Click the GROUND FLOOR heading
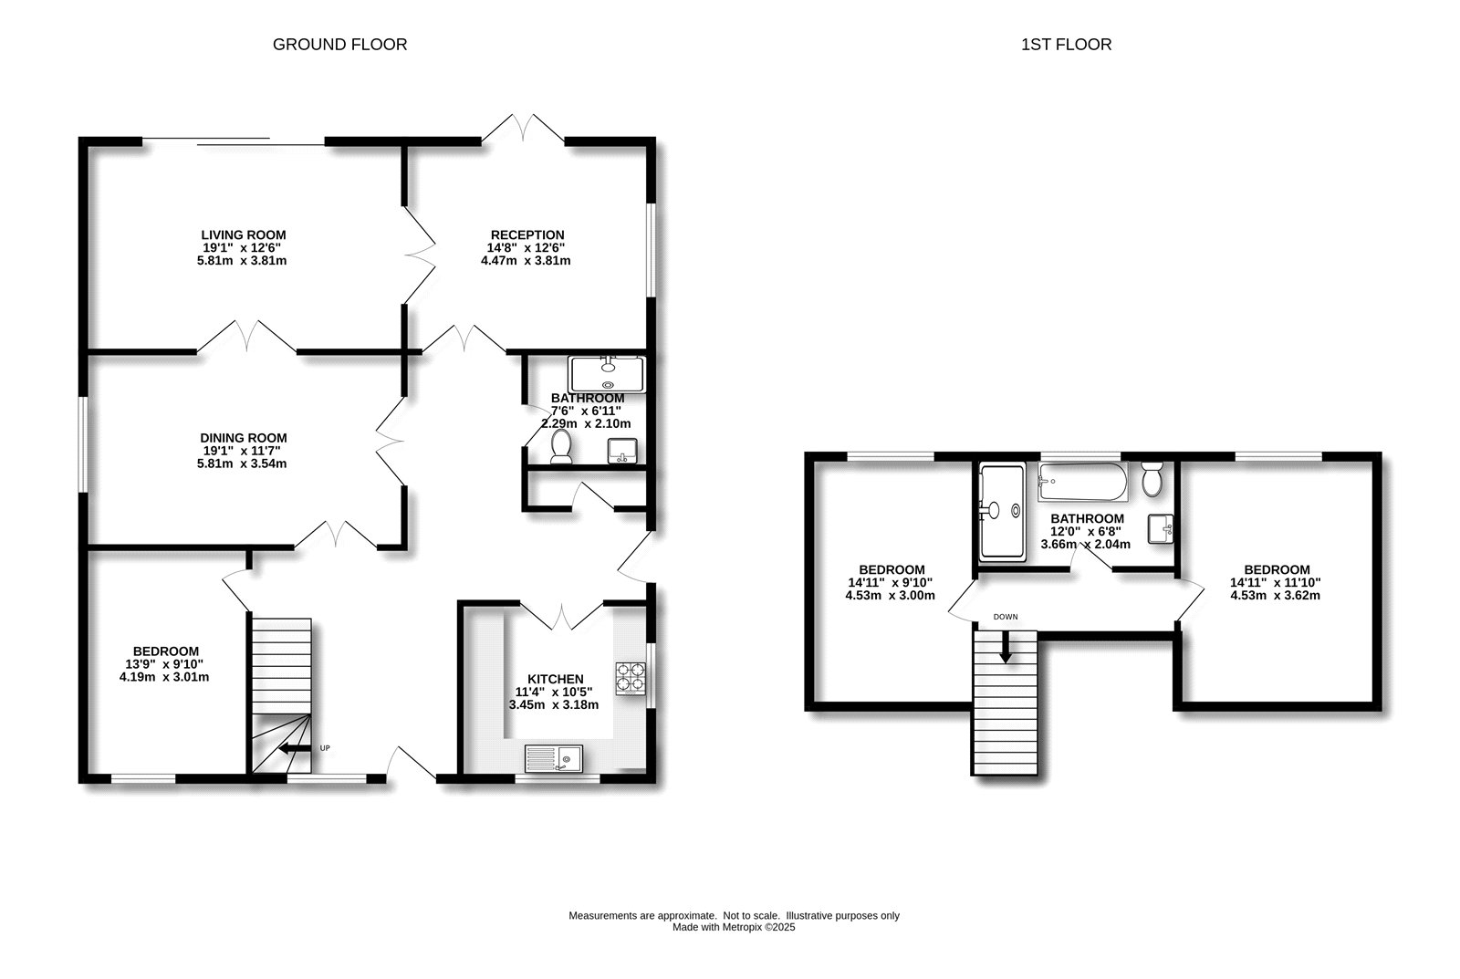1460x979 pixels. [x=339, y=44]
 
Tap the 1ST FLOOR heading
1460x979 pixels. [x=1066, y=44]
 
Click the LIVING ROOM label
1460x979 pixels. [x=243, y=234]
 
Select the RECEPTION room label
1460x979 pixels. [x=527, y=234]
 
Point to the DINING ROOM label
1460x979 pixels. [x=243, y=438]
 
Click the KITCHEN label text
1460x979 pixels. [x=555, y=679]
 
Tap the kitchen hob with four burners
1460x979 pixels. [x=630, y=679]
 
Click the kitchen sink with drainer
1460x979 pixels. [x=555, y=757]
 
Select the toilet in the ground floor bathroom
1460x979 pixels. [x=561, y=447]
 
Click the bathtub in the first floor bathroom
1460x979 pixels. [x=1082, y=481]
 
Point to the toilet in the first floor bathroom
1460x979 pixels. [x=1152, y=479]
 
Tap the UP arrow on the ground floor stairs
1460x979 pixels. [x=294, y=748]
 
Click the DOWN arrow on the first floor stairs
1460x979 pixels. [x=1006, y=649]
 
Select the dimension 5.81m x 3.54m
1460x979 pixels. [x=242, y=463]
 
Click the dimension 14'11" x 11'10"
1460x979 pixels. [x=1275, y=582]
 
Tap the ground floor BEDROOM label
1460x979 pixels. [x=164, y=651]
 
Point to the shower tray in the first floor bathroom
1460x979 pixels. [x=1000, y=511]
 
